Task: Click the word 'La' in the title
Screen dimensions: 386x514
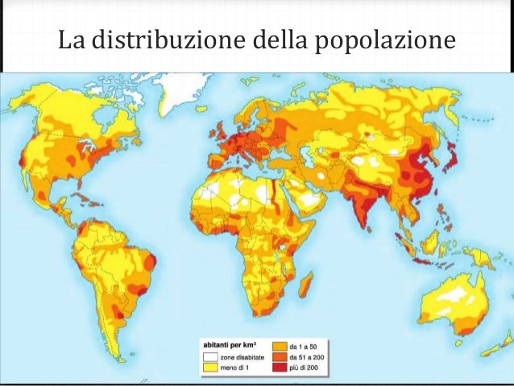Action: (x=71, y=39)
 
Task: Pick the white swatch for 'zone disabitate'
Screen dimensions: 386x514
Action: (x=211, y=355)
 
